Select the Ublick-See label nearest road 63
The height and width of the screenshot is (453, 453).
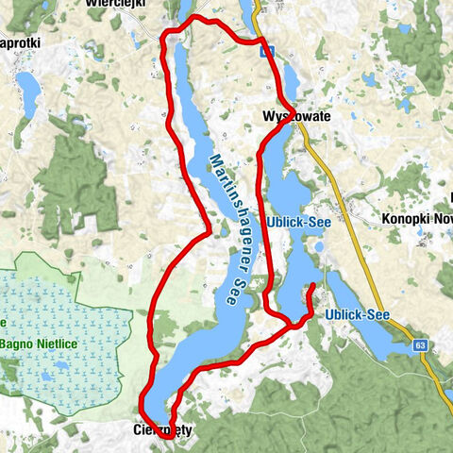tap(357, 314)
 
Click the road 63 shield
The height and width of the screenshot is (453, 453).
tap(420, 346)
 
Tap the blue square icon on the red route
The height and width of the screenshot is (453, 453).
tap(269, 53)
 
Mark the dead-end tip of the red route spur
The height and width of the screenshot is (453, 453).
tap(312, 285)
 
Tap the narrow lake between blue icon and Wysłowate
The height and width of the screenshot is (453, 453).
tap(289, 80)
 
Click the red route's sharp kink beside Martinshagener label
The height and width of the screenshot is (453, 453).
tap(209, 229)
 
